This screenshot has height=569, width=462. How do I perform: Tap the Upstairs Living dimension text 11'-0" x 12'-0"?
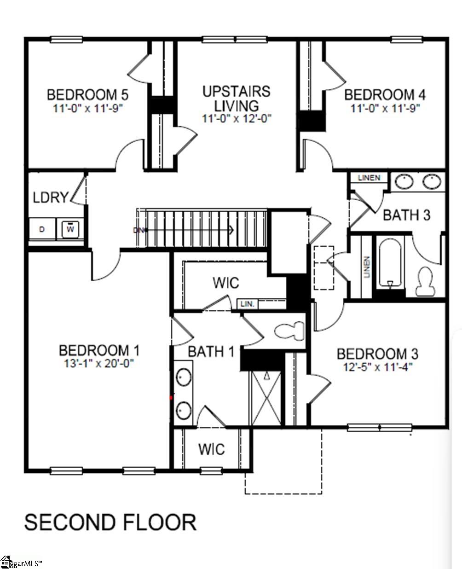237,118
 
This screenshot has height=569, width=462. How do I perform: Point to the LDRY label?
51,197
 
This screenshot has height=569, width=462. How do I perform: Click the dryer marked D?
42,229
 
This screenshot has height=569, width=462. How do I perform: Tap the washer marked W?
70,229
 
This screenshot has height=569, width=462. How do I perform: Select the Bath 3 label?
407,215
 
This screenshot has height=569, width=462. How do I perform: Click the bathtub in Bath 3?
390,264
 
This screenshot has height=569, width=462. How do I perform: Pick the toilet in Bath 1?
289,331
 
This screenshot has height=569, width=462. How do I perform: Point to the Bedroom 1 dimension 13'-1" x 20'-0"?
99,363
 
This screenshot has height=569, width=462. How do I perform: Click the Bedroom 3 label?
377,354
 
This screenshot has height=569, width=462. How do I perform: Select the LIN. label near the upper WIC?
248,304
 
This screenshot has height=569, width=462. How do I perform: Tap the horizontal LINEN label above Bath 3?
369,178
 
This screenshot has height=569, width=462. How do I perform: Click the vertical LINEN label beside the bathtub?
367,267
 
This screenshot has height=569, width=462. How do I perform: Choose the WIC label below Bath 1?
212,449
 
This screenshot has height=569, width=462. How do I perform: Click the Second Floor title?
110,523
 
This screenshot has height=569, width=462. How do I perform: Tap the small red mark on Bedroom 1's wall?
171,398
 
